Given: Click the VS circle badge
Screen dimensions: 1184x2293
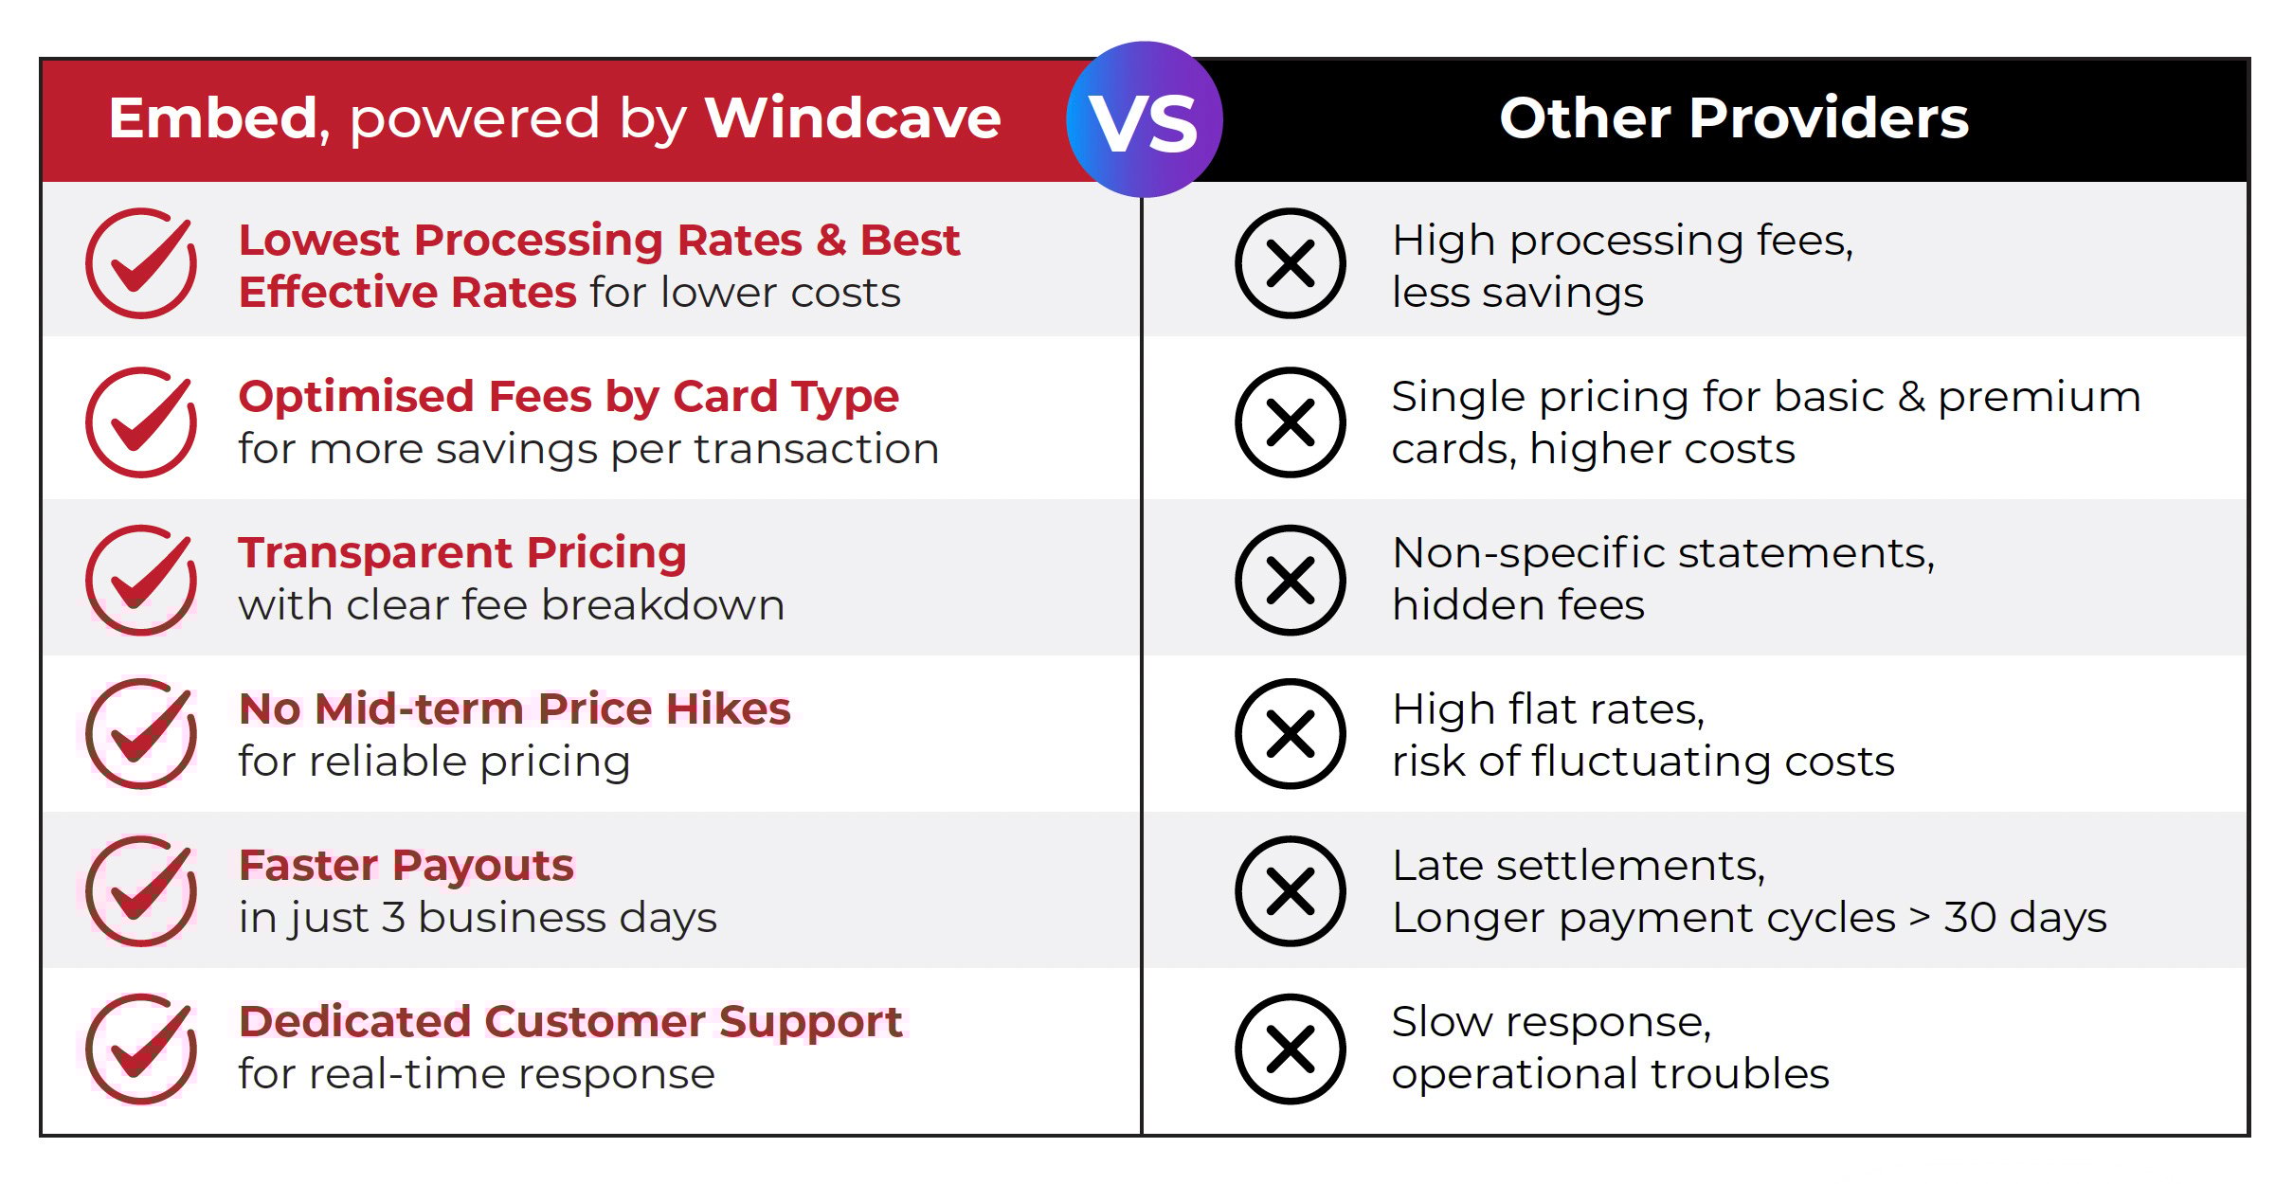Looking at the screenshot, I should click(1144, 119).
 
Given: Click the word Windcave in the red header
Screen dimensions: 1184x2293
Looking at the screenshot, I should click(852, 118).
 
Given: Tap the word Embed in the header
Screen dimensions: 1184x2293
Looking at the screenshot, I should click(212, 118).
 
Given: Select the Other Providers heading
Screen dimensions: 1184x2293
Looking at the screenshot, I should click(1734, 118).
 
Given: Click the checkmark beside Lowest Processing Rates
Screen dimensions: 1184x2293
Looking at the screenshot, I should click(141, 263).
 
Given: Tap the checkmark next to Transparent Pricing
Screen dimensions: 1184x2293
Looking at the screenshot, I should click(141, 580).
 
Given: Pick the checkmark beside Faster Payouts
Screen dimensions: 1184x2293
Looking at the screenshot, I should click(141, 891).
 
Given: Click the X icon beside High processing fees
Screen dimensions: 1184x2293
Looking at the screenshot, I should click(1290, 263).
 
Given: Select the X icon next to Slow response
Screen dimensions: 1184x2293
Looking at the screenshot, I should click(1290, 1049).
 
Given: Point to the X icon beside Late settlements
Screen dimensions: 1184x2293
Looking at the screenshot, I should click(1290, 891).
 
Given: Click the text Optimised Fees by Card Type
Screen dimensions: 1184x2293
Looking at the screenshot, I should click(569, 396).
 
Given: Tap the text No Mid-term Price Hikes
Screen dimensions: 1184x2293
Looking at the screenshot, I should click(515, 709).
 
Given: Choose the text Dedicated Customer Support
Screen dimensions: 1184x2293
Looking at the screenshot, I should click(570, 1021).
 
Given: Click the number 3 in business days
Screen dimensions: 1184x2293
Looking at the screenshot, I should click(393, 917).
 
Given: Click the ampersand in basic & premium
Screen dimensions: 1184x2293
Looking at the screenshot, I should click(1911, 396).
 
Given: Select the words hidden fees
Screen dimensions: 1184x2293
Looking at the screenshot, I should click(1518, 604).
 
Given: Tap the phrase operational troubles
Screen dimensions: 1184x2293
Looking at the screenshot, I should click(1610, 1073).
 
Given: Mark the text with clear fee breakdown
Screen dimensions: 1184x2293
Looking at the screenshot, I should click(512, 604).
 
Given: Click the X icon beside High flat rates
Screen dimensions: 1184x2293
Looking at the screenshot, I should click(1290, 734).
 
